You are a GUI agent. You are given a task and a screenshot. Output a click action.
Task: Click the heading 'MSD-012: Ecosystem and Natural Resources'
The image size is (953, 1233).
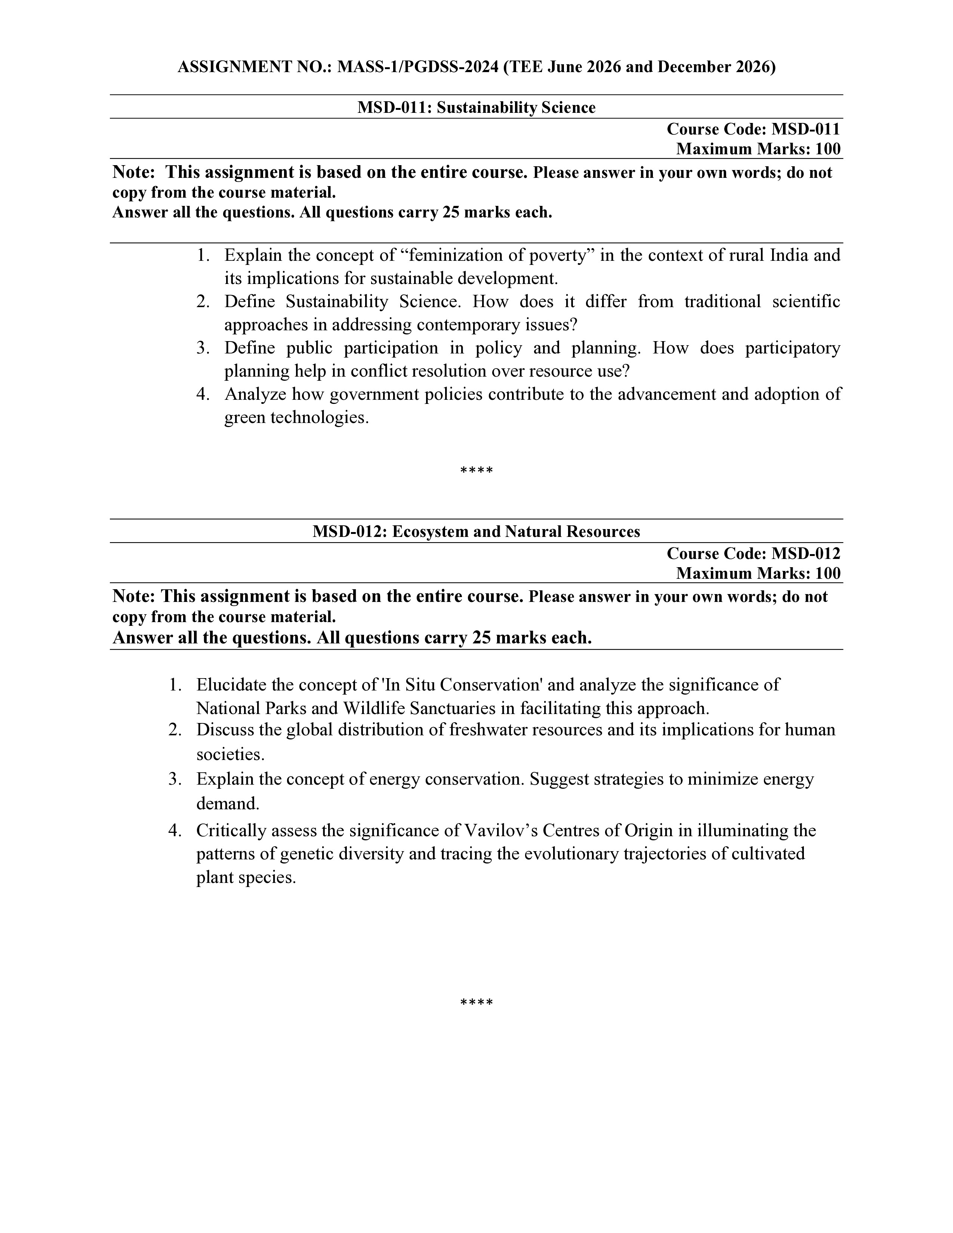pos(476,531)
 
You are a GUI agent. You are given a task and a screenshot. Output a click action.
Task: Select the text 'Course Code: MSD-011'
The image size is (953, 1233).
pos(753,129)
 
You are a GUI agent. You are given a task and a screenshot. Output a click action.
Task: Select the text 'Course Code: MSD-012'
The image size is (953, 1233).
pos(753,553)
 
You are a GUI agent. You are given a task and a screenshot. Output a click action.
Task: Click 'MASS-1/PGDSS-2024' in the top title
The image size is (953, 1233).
pos(418,67)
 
